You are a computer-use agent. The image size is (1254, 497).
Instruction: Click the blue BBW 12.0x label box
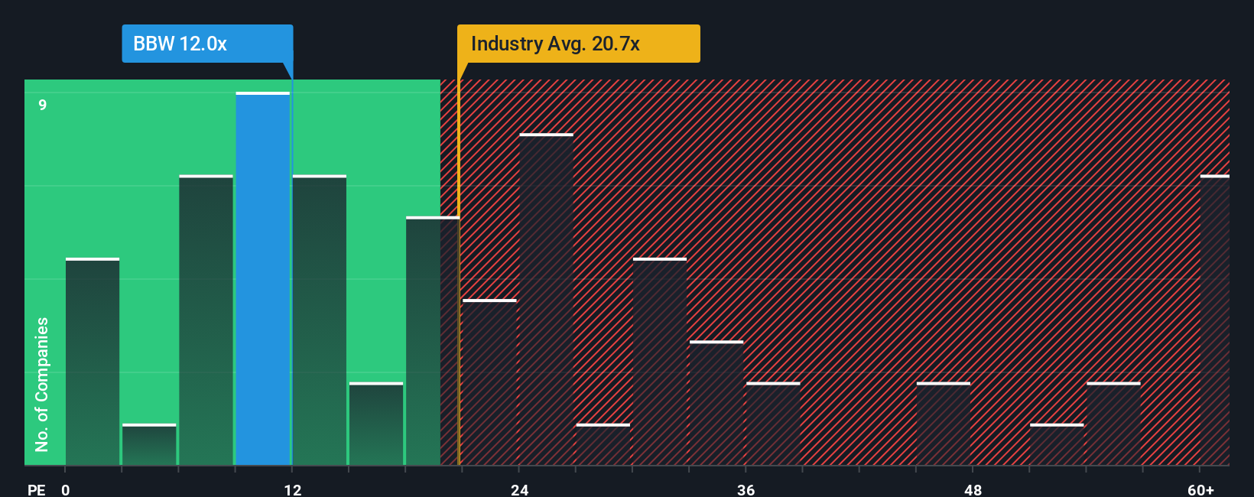point(206,44)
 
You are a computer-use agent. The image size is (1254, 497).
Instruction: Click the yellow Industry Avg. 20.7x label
point(577,44)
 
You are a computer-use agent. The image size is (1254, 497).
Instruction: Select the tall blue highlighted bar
point(262,279)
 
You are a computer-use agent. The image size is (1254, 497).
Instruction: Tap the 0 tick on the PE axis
point(66,489)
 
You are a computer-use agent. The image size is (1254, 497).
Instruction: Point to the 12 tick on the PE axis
point(293,489)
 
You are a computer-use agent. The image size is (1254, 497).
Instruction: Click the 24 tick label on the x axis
point(519,489)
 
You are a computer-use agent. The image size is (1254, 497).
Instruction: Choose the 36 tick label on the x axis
point(746,489)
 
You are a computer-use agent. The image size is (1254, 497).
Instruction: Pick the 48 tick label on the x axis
point(973,489)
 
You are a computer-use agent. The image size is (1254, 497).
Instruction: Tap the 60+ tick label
point(1200,489)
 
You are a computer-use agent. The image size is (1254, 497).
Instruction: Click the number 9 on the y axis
point(43,105)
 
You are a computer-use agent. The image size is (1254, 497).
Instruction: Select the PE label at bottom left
point(36,489)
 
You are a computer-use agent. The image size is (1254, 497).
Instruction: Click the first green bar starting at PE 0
point(93,362)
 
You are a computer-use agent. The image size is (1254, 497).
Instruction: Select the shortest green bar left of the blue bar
point(149,445)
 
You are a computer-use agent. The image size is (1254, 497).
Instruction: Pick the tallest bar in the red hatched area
point(546,300)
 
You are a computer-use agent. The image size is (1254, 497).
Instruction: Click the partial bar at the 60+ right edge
point(1214,320)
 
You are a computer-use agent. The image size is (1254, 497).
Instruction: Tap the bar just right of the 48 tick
point(943,424)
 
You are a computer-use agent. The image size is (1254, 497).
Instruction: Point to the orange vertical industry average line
point(459,306)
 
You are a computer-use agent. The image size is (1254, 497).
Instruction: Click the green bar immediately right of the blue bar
point(320,320)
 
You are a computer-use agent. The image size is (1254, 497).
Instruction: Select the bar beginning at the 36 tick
point(773,424)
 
